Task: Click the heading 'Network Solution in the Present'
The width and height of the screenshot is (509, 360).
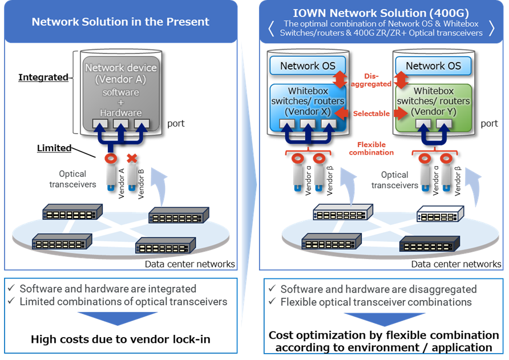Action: [120, 22]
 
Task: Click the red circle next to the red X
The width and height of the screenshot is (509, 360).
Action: [111, 158]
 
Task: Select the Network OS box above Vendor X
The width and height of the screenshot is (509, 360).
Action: [308, 66]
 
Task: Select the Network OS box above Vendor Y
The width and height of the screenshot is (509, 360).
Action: [433, 66]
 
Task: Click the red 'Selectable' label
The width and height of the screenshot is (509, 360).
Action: [371, 114]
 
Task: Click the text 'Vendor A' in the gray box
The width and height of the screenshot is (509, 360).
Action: [120, 80]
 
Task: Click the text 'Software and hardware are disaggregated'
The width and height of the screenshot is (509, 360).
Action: [378, 289]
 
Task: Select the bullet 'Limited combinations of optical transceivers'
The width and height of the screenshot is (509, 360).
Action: [123, 302]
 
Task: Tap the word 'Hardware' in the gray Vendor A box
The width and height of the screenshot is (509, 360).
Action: [120, 113]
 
